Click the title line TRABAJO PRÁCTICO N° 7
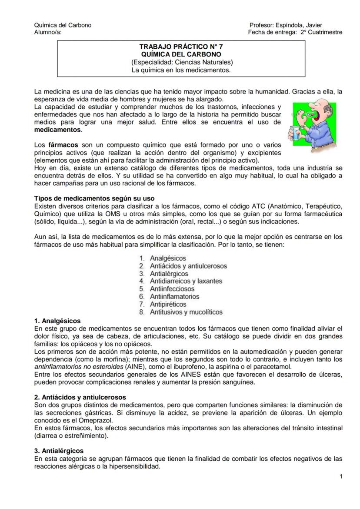[181, 47]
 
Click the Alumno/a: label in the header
[48, 32]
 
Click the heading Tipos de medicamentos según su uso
[94, 198]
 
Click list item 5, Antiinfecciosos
[172, 289]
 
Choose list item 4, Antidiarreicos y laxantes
[186, 281]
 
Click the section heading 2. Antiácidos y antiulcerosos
[80, 397]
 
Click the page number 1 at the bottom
[341, 477]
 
